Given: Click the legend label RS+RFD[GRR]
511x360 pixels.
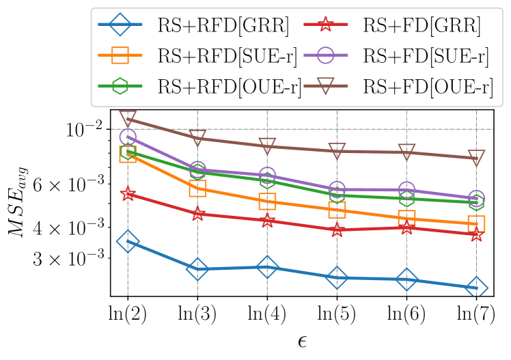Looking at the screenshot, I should pos(223,27).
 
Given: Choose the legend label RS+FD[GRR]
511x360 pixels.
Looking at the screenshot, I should pos(422,27).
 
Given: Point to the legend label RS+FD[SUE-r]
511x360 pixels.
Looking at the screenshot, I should pos(426,57).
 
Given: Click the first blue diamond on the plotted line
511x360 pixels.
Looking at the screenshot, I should pos(128,241).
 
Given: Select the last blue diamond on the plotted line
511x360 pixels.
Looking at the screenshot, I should pos(477,288).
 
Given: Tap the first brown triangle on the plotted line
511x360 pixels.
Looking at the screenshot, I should pos(128,119).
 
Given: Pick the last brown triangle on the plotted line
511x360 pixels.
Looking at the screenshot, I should pos(477,158).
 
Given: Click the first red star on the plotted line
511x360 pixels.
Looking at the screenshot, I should pos(128,195).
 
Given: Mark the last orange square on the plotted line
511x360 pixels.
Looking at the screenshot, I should pos(477,223).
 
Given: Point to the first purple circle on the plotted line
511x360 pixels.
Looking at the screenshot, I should pos(128,137).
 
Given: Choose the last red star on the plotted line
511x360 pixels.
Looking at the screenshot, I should pos(477,234).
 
